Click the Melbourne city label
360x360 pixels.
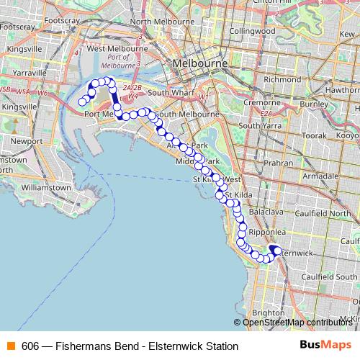pyautogui.click(x=200, y=65)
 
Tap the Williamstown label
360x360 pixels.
pyautogui.click(x=47, y=187)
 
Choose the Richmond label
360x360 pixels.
pyautogui.click(x=282, y=79)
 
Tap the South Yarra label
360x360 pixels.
pyautogui.click(x=258, y=125)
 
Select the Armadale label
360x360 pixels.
pyautogui.click(x=321, y=176)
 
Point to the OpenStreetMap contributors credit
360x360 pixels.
pyautogui.click(x=296, y=323)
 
